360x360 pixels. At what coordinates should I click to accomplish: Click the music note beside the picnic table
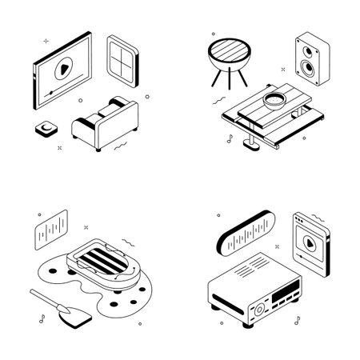230,138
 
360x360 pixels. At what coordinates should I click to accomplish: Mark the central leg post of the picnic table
251,139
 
